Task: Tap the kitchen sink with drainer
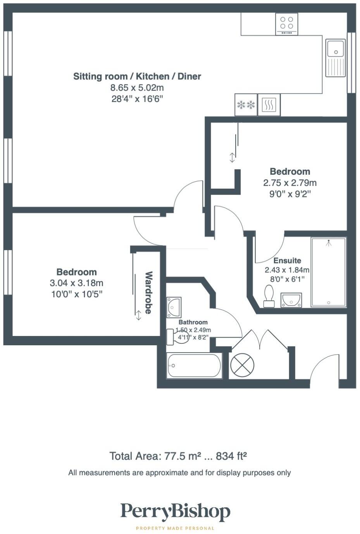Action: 335,58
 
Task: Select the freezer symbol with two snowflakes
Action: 246,105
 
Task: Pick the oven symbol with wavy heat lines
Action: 269,105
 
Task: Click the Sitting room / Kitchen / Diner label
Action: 137,76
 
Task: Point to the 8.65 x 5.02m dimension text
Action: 137,88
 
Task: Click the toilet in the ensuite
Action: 269,296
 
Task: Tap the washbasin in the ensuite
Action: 291,300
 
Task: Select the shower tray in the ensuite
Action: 328,272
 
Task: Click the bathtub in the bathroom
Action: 194,365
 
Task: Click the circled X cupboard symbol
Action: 242,365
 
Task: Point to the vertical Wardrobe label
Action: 148,293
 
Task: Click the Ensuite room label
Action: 287,260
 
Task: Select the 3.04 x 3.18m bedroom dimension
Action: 76,283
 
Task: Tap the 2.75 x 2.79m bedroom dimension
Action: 290,183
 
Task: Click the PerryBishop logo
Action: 175,512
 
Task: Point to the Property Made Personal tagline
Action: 175,528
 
